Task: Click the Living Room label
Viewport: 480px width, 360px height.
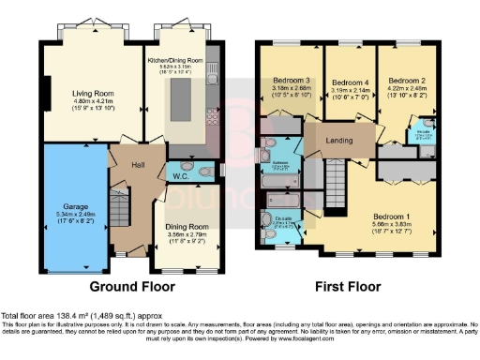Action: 94,93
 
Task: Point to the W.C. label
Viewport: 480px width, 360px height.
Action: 179,176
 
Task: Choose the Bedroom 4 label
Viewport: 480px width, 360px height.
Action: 349,82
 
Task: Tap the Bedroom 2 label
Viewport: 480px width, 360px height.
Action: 407,81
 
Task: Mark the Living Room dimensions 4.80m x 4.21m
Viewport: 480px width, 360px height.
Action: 94,102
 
